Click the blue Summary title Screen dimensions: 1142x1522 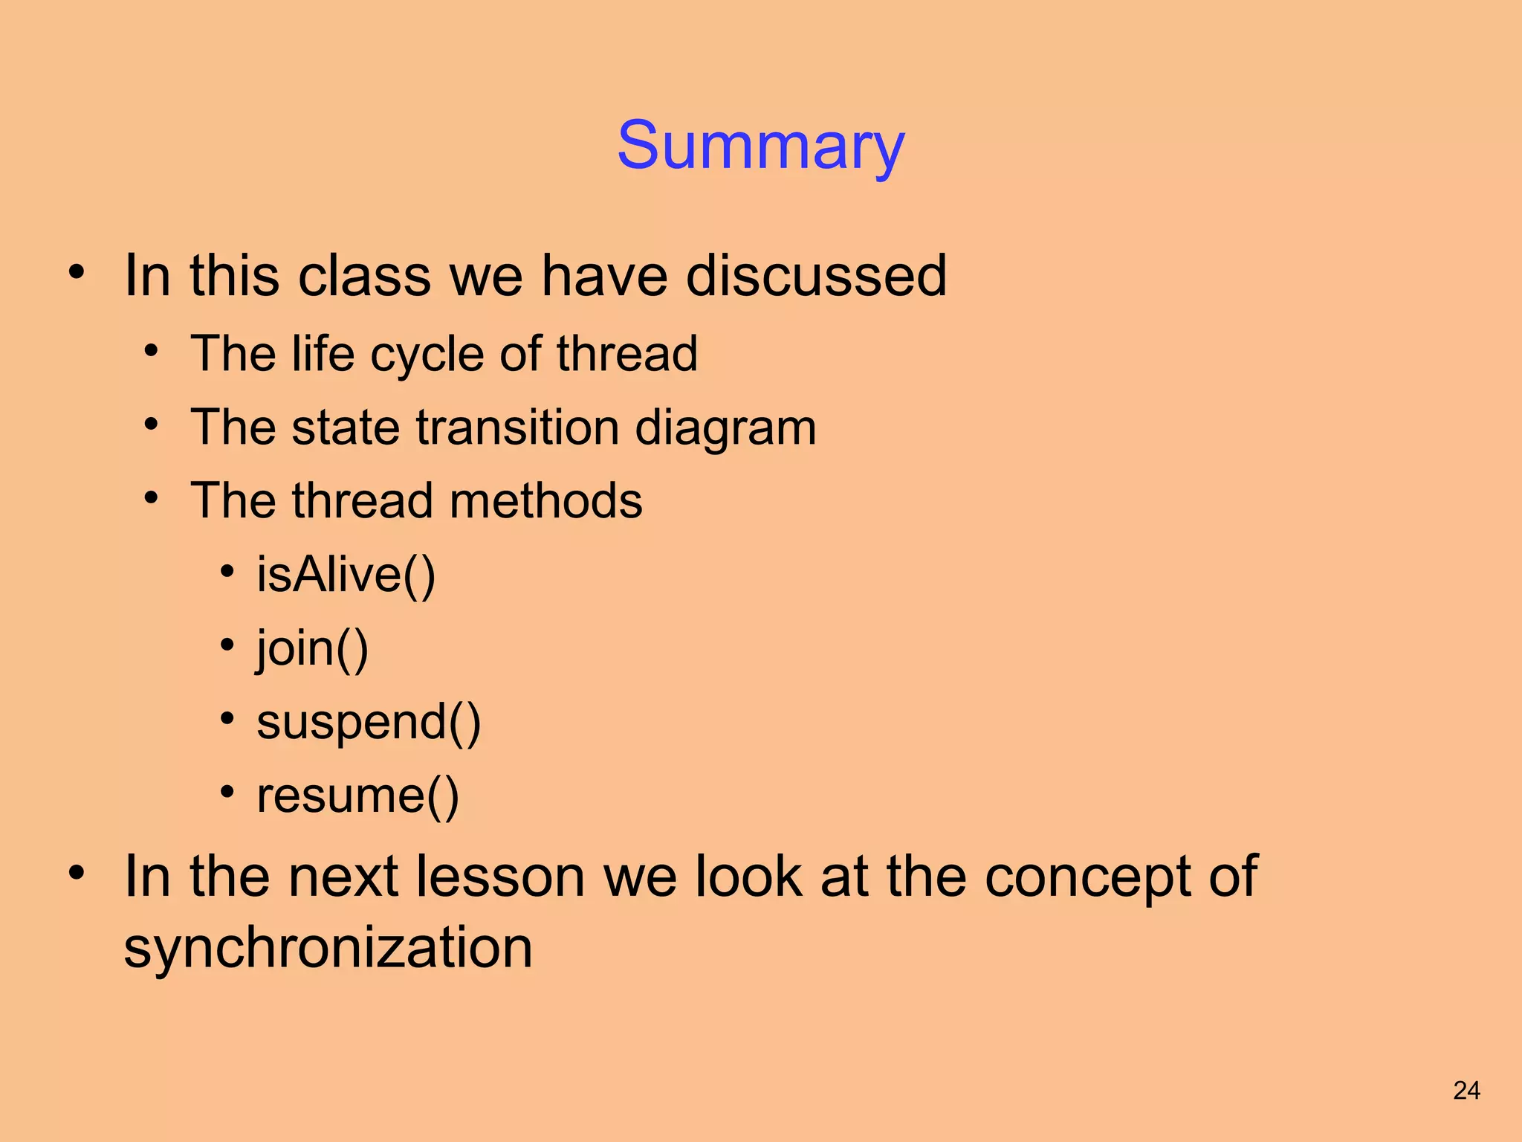click(x=760, y=146)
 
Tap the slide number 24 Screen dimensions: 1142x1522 click(x=1466, y=1091)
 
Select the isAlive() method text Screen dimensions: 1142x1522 click(x=346, y=575)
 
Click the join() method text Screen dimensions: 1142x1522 click(x=312, y=648)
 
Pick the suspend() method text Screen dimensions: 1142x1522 click(x=369, y=722)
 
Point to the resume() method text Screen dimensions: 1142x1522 click(x=357, y=796)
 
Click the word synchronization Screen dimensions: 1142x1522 click(x=328, y=948)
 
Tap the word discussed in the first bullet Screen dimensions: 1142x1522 click(x=816, y=276)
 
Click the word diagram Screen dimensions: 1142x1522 click(x=725, y=428)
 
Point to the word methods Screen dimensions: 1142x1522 click(x=545, y=500)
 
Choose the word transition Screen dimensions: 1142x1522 click(x=518, y=428)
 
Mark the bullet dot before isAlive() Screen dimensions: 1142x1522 click(x=227, y=572)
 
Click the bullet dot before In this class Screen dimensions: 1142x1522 click(x=77, y=271)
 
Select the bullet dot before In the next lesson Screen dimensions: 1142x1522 click(x=77, y=872)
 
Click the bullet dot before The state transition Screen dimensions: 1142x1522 click(x=152, y=425)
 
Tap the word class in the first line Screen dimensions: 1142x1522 click(x=364, y=276)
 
